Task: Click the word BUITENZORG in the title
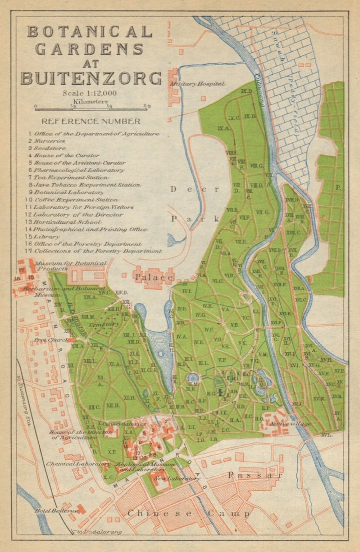click(x=91, y=78)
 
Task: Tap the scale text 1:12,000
click(x=90, y=93)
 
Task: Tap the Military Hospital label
click(x=198, y=84)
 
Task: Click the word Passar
click(x=249, y=475)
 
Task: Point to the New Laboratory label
click(x=177, y=478)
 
